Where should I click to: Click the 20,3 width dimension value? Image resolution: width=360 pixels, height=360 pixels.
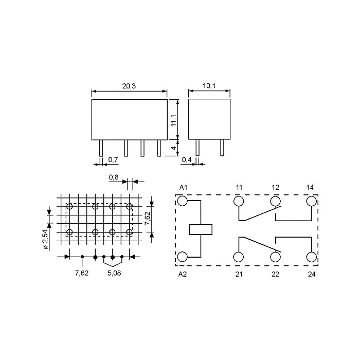click(129, 86)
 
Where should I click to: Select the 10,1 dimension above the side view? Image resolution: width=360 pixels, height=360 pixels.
click(209, 86)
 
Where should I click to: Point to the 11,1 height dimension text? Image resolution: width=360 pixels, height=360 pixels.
click(174, 120)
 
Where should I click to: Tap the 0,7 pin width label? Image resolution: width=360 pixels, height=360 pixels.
click(113, 159)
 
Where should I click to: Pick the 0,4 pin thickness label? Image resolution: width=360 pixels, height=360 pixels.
click(187, 159)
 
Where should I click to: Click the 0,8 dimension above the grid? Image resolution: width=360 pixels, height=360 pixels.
click(114, 177)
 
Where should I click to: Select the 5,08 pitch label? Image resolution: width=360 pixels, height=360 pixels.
click(114, 273)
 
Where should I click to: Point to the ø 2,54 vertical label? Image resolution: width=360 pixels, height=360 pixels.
click(46, 239)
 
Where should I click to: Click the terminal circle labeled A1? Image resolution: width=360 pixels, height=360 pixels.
click(183, 201)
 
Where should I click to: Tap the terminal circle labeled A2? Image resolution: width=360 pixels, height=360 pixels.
click(183, 257)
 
